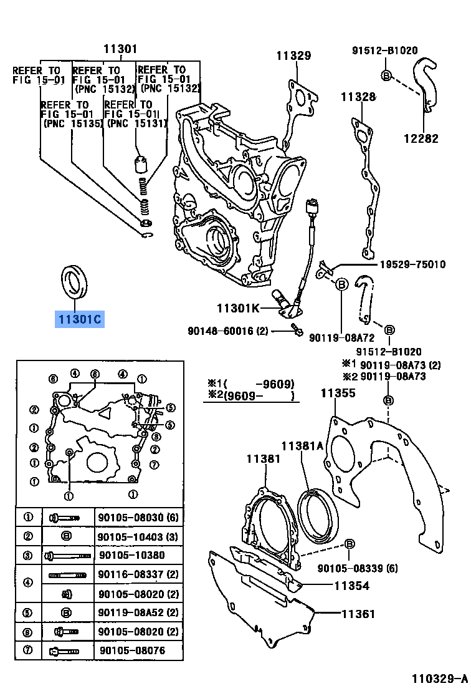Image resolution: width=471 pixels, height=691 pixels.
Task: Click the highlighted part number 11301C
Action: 80,320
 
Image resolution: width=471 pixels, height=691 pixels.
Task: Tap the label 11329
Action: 293,56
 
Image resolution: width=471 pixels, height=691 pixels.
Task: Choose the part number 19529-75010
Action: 412,264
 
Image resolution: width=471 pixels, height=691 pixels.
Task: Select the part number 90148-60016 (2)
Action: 227,331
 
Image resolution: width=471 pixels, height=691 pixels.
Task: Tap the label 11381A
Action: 302,446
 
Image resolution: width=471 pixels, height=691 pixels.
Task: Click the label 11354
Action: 351,586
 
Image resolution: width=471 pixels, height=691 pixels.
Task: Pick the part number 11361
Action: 358,614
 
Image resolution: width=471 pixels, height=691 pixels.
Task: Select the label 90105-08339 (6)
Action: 357,568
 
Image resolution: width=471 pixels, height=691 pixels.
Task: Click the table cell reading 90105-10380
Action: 132,554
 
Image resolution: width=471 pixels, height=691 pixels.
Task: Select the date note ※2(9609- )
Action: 250,395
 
